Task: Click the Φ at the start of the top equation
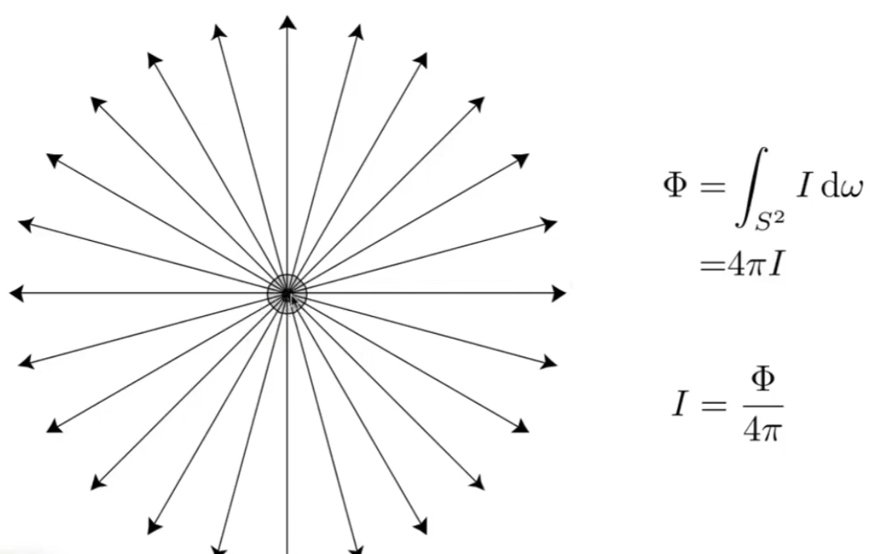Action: point(675,186)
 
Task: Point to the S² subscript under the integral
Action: point(769,221)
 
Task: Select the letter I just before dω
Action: point(803,186)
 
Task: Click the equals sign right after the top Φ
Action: point(713,187)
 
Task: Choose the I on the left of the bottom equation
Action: point(681,404)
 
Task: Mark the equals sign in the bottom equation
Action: point(713,405)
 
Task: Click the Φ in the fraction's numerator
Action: point(762,380)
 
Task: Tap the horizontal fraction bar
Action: point(763,406)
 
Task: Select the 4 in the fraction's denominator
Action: point(752,430)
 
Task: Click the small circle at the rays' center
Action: point(287,294)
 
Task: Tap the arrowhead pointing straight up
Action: point(288,22)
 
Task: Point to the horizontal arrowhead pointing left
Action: point(17,294)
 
